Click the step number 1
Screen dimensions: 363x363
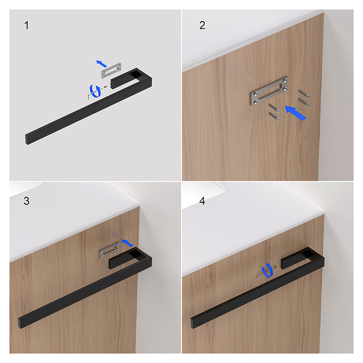27,25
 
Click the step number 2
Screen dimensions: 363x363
202,25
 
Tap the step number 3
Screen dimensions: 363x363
27,201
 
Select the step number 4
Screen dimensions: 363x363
202,201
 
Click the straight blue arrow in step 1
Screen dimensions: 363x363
101,63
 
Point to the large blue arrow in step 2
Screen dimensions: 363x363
295,112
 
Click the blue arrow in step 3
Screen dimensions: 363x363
128,243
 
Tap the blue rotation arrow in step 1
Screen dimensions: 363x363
95,91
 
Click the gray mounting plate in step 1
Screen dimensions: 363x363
111,70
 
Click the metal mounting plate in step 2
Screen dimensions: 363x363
269,91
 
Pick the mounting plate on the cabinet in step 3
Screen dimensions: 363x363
109,250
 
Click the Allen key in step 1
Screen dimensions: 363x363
91,95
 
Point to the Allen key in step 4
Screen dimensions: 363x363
261,276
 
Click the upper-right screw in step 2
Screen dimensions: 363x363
304,94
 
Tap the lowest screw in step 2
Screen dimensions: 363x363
274,116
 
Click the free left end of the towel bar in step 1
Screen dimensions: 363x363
27,139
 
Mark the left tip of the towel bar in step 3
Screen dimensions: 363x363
20,323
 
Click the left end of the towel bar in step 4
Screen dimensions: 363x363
192,323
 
